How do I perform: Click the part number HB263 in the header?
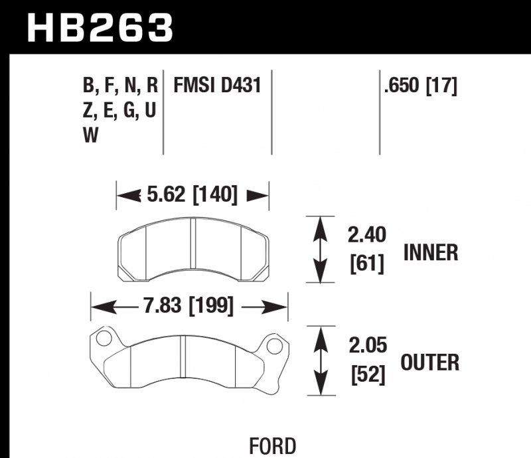pyautogui.click(x=100, y=28)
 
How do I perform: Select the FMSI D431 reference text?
pyautogui.click(x=216, y=86)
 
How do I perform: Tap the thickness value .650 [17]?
pyautogui.click(x=419, y=86)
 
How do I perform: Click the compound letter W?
pyautogui.click(x=90, y=137)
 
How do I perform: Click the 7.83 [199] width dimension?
pyautogui.click(x=189, y=306)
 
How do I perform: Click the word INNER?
pyautogui.click(x=431, y=252)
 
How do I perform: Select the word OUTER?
pyautogui.click(x=430, y=362)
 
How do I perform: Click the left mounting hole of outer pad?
pyautogui.click(x=103, y=339)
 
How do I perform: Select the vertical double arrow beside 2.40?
pyautogui.click(x=321, y=250)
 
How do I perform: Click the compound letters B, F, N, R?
pyautogui.click(x=119, y=86)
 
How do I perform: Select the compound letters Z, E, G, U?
pyautogui.click(x=119, y=111)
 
